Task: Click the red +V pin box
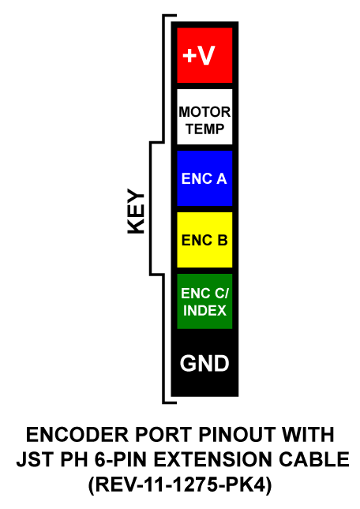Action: click(x=204, y=55)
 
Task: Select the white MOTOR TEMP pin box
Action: click(x=204, y=117)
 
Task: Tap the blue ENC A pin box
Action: click(x=204, y=178)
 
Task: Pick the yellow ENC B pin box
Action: click(x=204, y=240)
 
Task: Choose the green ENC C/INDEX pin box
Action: click(x=204, y=301)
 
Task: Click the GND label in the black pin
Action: click(x=204, y=363)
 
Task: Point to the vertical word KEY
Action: click(x=136, y=211)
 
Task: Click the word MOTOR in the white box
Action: click(x=204, y=112)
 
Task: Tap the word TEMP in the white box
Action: click(x=204, y=129)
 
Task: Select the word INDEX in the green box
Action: click(x=204, y=311)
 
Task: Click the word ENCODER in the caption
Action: click(x=77, y=435)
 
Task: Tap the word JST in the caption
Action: click(x=35, y=459)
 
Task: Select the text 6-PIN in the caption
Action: click(x=122, y=459)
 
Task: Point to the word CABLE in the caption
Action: click(x=314, y=459)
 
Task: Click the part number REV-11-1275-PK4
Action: click(x=180, y=485)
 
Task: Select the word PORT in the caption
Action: click(x=163, y=435)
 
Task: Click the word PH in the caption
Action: click(x=73, y=459)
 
